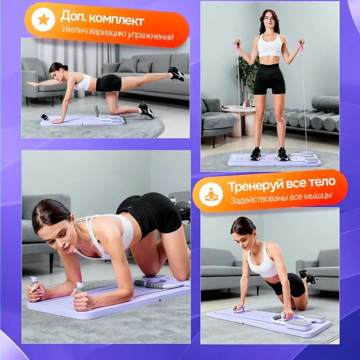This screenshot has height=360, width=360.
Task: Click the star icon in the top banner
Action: pyautogui.click(x=43, y=20)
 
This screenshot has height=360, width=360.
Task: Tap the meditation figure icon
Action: pyautogui.click(x=211, y=194)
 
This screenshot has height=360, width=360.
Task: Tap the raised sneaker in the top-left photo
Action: pyautogui.click(x=176, y=74)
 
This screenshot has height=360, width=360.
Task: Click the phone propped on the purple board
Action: pyautogui.click(x=44, y=117)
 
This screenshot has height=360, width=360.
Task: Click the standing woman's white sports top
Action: pyautogui.click(x=269, y=46)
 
